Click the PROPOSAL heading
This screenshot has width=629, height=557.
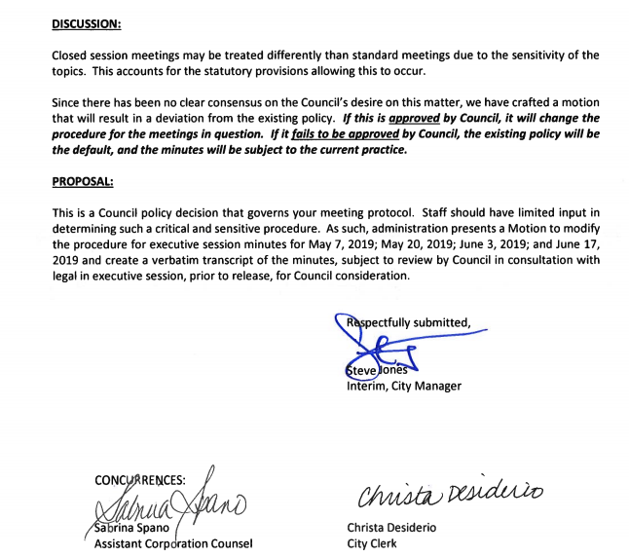(x=83, y=182)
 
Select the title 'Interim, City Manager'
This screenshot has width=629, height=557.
(x=404, y=386)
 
